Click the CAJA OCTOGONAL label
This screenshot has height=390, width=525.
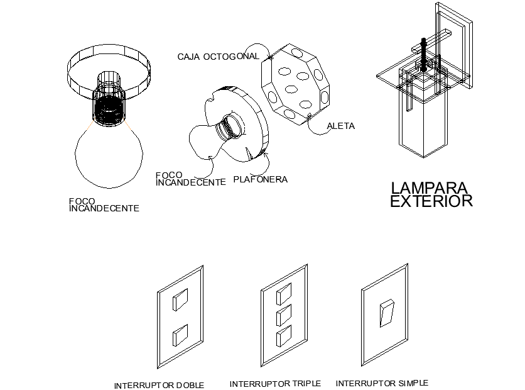tap(218, 57)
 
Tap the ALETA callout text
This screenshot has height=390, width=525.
tap(341, 126)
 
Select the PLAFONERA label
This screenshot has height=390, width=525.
tap(260, 179)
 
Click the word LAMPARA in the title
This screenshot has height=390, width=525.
tap(430, 188)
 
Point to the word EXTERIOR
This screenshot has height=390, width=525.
tap(431, 201)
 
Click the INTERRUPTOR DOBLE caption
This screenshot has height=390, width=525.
tap(159, 385)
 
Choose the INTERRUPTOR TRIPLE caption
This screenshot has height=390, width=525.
tap(275, 383)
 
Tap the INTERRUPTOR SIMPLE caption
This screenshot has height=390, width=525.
tap(382, 382)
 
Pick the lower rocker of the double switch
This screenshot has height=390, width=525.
tap(180, 335)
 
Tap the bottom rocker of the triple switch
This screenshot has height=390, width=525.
tap(284, 335)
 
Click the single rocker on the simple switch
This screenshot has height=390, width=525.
tap(387, 313)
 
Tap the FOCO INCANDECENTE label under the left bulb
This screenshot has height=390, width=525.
tap(104, 205)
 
